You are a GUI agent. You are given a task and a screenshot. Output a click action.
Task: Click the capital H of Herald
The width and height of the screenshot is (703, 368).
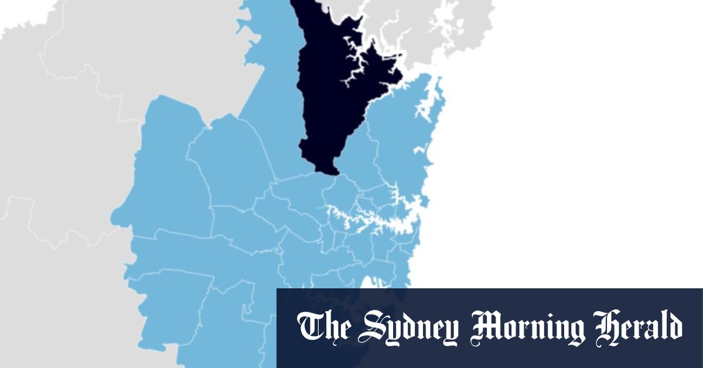coord(606,326)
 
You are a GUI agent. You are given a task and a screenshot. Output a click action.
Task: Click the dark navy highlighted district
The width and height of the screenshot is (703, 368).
coord(328,100)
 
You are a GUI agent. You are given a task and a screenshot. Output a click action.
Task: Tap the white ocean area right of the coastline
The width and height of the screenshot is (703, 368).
coord(557,146)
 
